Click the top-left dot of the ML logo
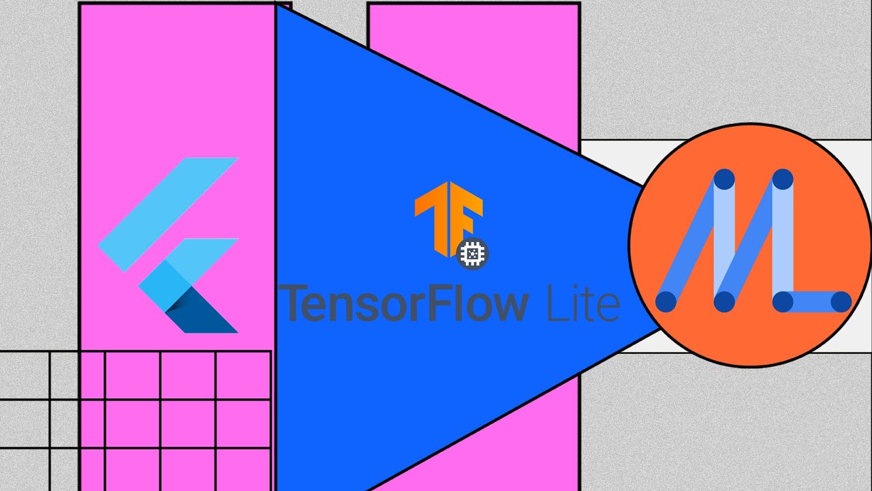coord(724,179)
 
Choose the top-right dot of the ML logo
coord(783,179)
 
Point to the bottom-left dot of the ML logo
coord(666,301)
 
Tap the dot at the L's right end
coord(841,301)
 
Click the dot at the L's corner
coord(783,301)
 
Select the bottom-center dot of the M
coord(724,301)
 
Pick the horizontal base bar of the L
coord(812,301)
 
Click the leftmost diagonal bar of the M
coord(695,239)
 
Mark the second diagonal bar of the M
coord(753,239)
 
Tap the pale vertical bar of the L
coord(783,239)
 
